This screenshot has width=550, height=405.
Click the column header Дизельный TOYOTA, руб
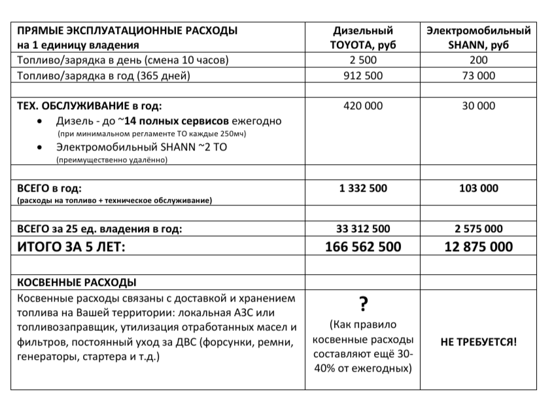tap(363, 38)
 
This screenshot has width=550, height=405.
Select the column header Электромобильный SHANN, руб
tap(478, 38)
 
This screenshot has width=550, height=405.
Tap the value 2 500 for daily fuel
tap(363, 60)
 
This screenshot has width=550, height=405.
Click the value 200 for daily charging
tap(478, 60)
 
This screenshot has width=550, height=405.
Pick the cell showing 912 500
tap(363, 75)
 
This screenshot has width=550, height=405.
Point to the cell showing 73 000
tap(478, 75)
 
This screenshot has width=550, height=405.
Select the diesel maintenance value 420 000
tap(363, 105)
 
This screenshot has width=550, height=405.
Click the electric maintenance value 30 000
tap(478, 105)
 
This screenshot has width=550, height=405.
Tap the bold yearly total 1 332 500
tap(363, 188)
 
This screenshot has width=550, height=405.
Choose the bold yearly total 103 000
tap(478, 188)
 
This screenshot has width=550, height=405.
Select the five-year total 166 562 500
tap(363, 247)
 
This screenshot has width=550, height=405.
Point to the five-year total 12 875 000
tap(478, 247)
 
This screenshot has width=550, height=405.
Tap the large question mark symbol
tap(363, 304)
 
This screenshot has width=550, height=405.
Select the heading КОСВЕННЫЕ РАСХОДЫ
tap(76, 283)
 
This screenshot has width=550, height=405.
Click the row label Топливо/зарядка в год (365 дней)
tap(103, 75)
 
